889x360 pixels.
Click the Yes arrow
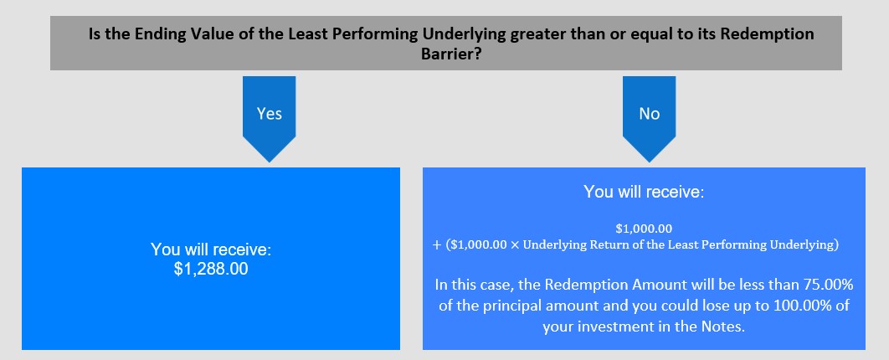(x=269, y=119)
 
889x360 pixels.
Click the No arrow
(x=650, y=119)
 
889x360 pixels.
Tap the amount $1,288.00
(x=211, y=269)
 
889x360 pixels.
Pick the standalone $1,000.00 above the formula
(x=644, y=229)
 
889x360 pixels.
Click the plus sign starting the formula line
(x=437, y=246)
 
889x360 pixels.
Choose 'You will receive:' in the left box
(x=211, y=249)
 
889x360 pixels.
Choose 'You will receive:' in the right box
(x=644, y=192)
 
